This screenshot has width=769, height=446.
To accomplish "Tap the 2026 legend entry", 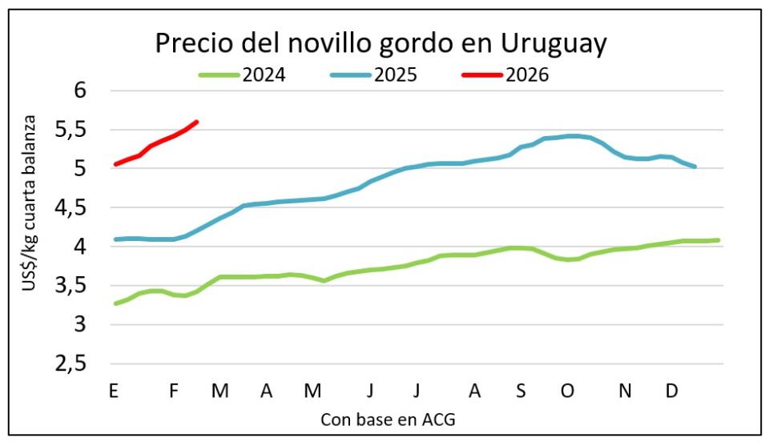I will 529,75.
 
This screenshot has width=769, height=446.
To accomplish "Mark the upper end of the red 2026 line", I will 197,122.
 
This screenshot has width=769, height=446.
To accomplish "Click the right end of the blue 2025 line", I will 695,167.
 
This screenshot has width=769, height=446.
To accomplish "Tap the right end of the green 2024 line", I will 719,239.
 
